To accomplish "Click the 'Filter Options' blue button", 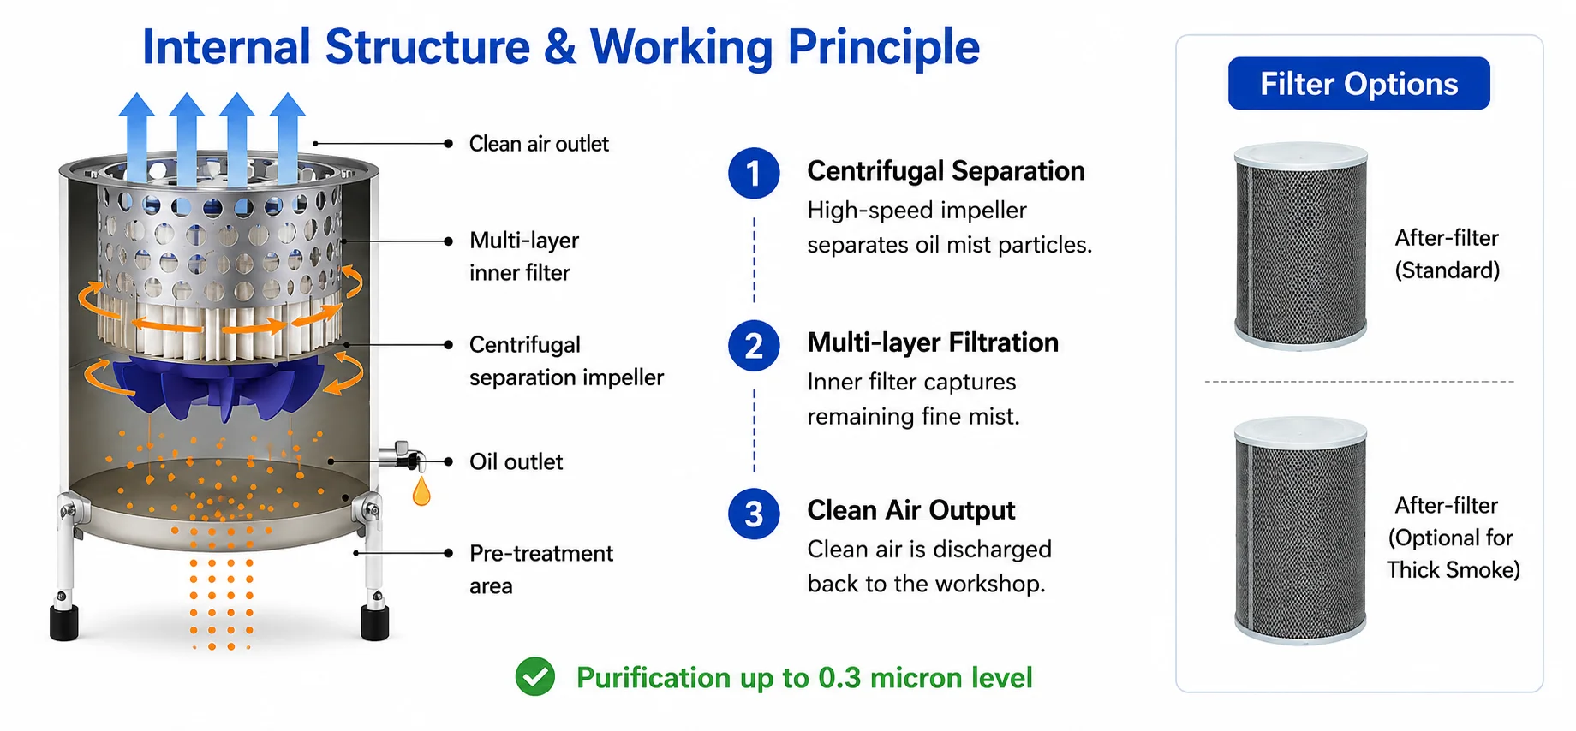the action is tap(1358, 84).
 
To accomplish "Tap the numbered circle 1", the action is tap(754, 174).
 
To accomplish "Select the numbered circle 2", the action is tap(754, 346).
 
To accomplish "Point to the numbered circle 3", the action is tap(754, 514).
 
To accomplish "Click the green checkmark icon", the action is tap(535, 677).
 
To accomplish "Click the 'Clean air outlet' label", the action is tap(539, 144).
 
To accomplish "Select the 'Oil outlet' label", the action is tap(516, 462).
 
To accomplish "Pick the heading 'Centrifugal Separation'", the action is tap(946, 171).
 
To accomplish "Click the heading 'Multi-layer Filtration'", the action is tap(933, 342).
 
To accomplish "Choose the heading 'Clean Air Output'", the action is tap(910, 510).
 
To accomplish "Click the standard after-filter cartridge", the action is tap(1300, 247).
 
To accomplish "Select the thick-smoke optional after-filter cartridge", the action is tap(1300, 530).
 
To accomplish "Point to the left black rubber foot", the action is tap(64, 622).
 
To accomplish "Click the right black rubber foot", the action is tap(374, 622).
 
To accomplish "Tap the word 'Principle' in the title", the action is tap(883, 48).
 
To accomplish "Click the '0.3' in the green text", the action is tap(839, 678).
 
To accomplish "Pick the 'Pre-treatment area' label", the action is tap(540, 569).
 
